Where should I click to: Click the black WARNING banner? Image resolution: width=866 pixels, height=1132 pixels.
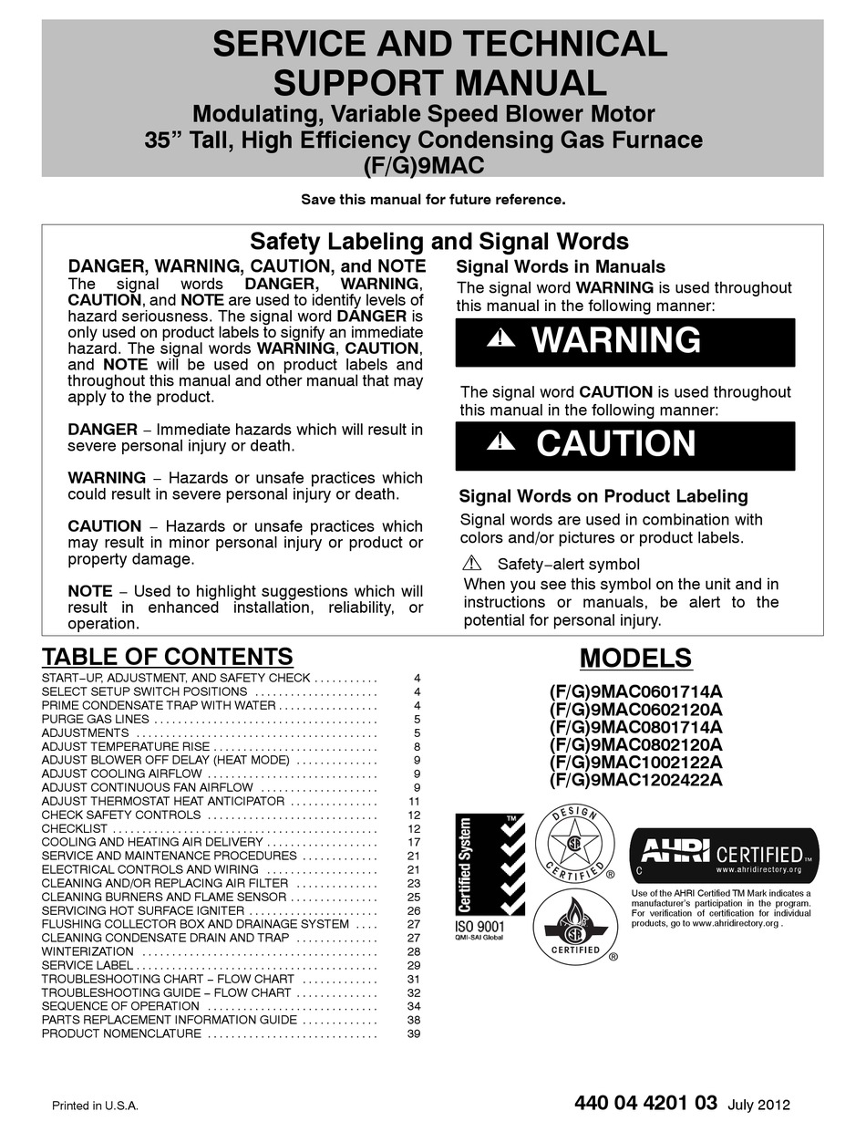[x=624, y=341]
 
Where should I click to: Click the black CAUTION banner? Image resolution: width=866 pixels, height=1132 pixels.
[x=624, y=444]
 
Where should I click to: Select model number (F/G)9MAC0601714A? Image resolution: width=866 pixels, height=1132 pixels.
[x=635, y=692]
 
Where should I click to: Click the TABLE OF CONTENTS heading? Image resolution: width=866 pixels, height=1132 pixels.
[x=168, y=657]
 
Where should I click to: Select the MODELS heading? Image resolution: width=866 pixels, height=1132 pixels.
[x=635, y=658]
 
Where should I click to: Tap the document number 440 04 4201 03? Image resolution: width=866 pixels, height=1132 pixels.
[x=646, y=1103]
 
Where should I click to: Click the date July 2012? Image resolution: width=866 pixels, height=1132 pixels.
[x=759, y=1105]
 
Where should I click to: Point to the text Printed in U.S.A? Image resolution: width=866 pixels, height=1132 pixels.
[x=94, y=1106]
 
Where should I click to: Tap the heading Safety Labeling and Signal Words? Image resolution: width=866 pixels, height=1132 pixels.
[x=439, y=242]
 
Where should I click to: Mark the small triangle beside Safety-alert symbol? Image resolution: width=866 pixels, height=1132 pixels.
[x=471, y=563]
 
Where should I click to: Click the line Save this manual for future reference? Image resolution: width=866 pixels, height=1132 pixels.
[x=433, y=198]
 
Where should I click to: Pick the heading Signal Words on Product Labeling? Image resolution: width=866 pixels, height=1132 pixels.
[x=603, y=496]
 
